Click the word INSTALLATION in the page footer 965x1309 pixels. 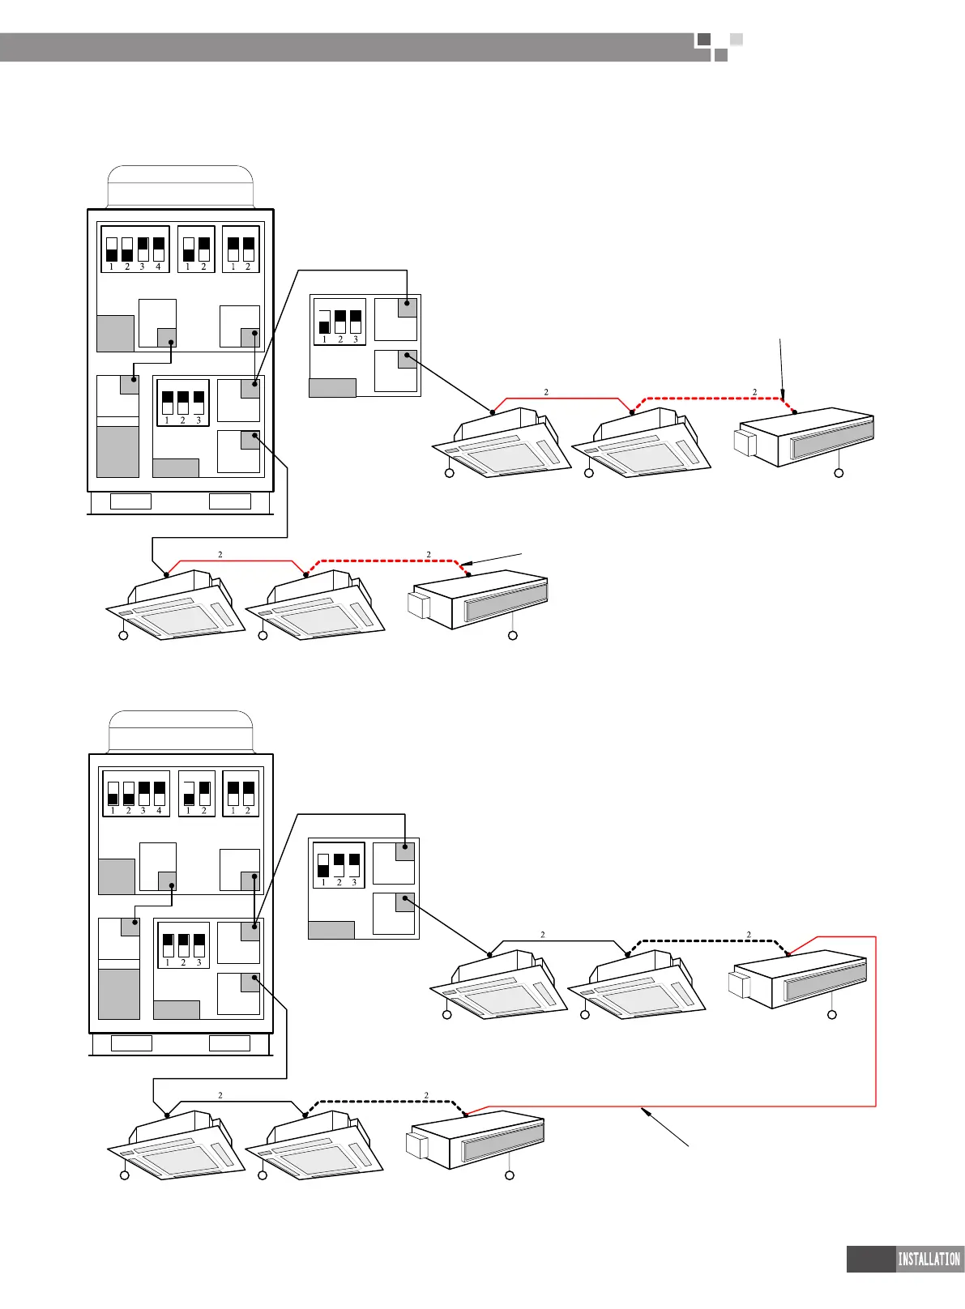click(x=929, y=1259)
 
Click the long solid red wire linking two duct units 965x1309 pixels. click(x=876, y=1021)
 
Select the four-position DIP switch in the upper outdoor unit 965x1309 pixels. click(x=135, y=249)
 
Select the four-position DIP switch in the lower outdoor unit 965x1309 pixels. click(x=136, y=793)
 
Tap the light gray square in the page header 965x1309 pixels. click(x=736, y=39)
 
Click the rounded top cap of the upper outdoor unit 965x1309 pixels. click(x=181, y=187)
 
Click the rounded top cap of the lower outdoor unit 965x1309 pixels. click(x=181, y=731)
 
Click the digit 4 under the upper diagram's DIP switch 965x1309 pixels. click(x=158, y=266)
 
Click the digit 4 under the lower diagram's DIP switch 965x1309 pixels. click(x=159, y=811)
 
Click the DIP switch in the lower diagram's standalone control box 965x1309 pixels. click(x=339, y=865)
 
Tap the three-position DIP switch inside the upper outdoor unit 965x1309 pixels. click(x=183, y=403)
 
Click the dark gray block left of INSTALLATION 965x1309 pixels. click(x=870, y=1259)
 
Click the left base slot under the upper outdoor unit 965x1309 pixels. click(x=130, y=501)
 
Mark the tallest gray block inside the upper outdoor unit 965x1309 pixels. click(x=117, y=452)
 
